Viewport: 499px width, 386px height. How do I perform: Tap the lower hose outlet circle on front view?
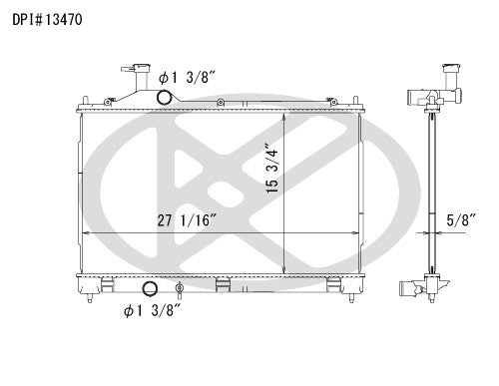tap(151, 289)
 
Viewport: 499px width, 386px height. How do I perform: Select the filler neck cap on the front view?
tap(128, 75)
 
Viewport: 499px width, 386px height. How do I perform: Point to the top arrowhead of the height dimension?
tap(285, 116)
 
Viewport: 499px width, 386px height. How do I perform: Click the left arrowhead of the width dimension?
tap(84, 231)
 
